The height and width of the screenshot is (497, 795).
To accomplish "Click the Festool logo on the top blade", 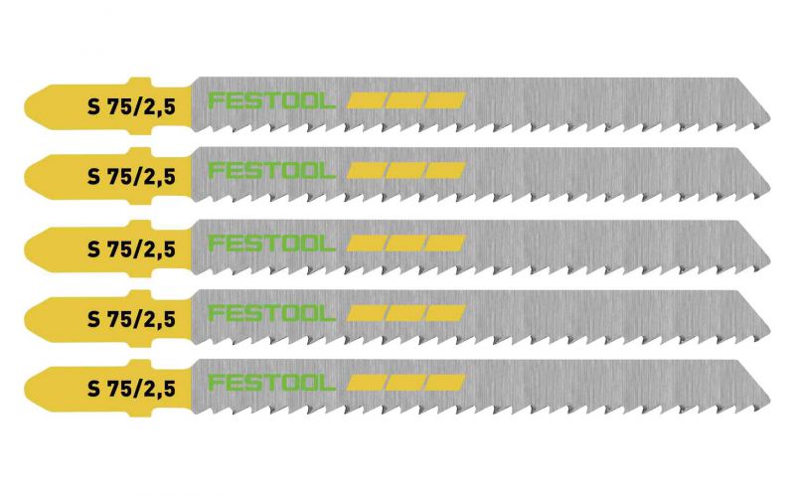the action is [x=271, y=101].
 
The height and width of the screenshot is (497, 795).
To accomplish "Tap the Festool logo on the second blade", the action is [x=271, y=171].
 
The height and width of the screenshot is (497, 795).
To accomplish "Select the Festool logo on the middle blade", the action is [x=271, y=244].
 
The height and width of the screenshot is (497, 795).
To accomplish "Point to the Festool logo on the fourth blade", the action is [x=271, y=313].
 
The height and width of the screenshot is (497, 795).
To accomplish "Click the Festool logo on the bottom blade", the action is [x=271, y=383].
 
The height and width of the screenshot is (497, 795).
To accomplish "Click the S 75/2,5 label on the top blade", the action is [x=131, y=107].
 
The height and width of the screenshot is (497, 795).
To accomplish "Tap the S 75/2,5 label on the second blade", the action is [x=131, y=177].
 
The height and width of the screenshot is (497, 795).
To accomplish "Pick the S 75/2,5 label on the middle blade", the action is [x=131, y=249].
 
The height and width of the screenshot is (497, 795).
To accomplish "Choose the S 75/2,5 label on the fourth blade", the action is [x=131, y=319].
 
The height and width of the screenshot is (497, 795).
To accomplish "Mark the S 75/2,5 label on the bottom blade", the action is [x=131, y=389].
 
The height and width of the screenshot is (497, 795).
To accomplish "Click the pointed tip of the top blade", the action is [x=769, y=119].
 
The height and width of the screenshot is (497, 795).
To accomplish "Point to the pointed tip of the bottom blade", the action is [x=769, y=402].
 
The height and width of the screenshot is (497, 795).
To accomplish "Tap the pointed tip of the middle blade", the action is [x=769, y=261].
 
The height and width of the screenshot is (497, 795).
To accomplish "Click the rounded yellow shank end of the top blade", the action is [x=27, y=107].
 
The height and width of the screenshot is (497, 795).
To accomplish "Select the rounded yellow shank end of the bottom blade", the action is [x=27, y=389].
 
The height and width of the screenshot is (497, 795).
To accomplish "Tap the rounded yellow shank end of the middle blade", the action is [x=27, y=249].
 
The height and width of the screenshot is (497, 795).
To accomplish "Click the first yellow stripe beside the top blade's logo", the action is [x=366, y=100].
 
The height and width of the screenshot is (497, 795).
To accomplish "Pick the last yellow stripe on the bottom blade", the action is [x=445, y=383].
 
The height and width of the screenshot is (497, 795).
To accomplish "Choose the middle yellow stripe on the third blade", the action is [x=405, y=244].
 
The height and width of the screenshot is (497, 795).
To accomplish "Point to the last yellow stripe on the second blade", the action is [x=445, y=171].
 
